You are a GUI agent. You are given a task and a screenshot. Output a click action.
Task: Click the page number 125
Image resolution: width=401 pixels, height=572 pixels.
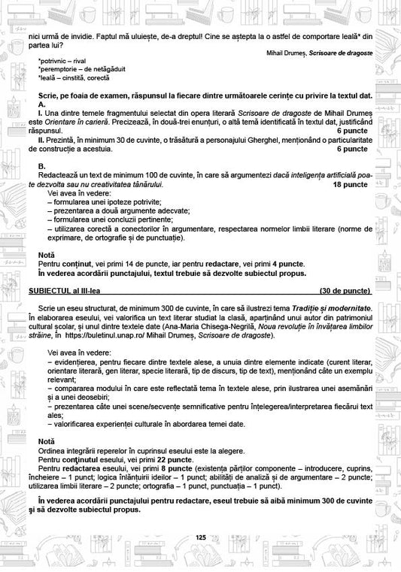point(200,537)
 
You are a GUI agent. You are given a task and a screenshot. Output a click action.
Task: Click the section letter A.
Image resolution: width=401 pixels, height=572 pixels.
point(41,104)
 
